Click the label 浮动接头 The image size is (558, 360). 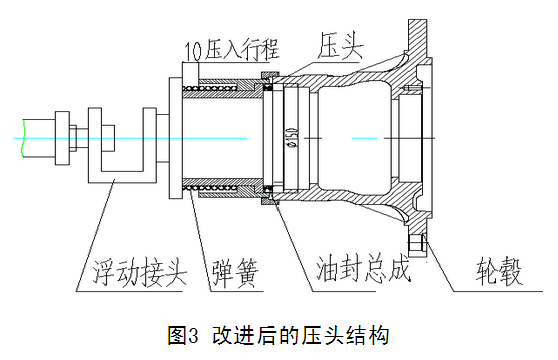point(140,273)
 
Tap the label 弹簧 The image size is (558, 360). point(235,273)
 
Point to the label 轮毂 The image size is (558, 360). point(499,271)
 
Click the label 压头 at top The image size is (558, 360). point(340,45)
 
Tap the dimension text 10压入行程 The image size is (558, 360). point(231,49)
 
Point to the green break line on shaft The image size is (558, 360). point(22,138)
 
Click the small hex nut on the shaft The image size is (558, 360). point(73,138)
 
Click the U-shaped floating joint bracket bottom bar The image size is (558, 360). point(122,177)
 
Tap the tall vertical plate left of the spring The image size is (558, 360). point(175,138)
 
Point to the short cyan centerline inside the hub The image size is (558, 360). point(364,138)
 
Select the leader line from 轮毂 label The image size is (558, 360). point(439,263)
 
